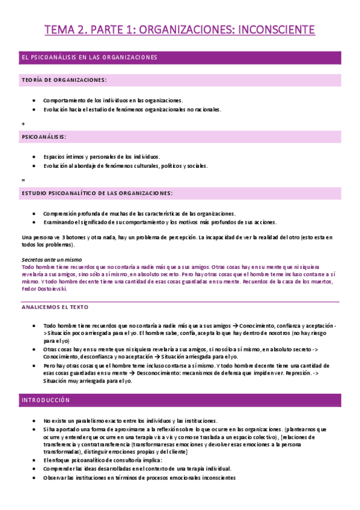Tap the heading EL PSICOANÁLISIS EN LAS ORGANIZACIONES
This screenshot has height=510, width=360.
89,58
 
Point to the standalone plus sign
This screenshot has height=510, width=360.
23,124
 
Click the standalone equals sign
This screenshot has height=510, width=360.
23,180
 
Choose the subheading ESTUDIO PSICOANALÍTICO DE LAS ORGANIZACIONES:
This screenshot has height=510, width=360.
97,193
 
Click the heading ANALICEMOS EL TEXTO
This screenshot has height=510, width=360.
55,307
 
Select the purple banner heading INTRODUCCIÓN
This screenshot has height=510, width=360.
46,400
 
